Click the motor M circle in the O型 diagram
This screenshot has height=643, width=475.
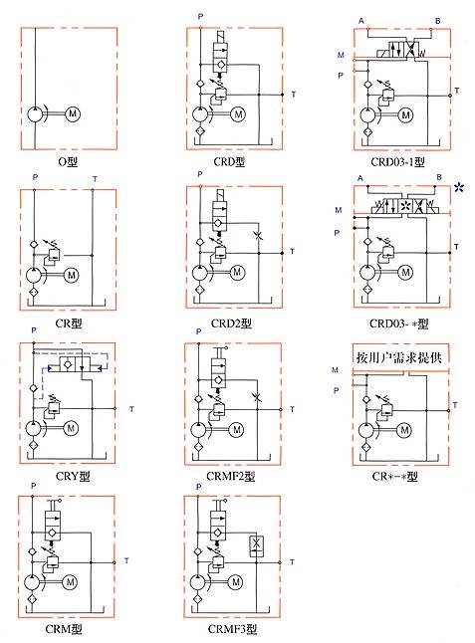pyautogui.click(x=73, y=113)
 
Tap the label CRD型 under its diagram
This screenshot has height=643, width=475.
pyautogui.click(x=229, y=162)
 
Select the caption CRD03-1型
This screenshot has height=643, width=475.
pyautogui.click(x=397, y=162)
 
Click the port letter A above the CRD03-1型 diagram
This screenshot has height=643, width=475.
pyautogui.click(x=360, y=21)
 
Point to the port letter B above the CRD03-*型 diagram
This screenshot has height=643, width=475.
pyautogui.click(x=439, y=177)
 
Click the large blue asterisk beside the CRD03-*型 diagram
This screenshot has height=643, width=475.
pyautogui.click(x=459, y=188)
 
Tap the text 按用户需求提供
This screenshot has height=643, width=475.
pyautogui.click(x=399, y=357)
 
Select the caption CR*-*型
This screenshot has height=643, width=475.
pyautogui.click(x=395, y=477)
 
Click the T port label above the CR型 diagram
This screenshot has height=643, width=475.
pyautogui.click(x=95, y=179)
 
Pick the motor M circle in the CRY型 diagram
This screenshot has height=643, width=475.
pyautogui.click(x=71, y=429)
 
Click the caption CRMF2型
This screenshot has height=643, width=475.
pyautogui.click(x=231, y=476)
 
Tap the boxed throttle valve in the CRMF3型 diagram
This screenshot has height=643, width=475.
pyautogui.click(x=256, y=546)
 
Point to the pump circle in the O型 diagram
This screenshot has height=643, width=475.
pyautogui.click(x=35, y=113)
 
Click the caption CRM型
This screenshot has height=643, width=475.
pyautogui.click(x=64, y=629)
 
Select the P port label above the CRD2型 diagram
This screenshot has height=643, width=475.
pyautogui.click(x=200, y=174)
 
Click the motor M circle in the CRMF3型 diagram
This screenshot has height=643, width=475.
pyautogui.click(x=236, y=582)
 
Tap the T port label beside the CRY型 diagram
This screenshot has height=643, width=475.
pyautogui.click(x=131, y=409)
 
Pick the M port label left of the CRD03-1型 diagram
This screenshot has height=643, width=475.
pyautogui.click(x=341, y=55)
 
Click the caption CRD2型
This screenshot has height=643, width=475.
pyautogui.click(x=231, y=323)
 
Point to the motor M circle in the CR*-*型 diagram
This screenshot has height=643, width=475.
pyautogui.click(x=404, y=430)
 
